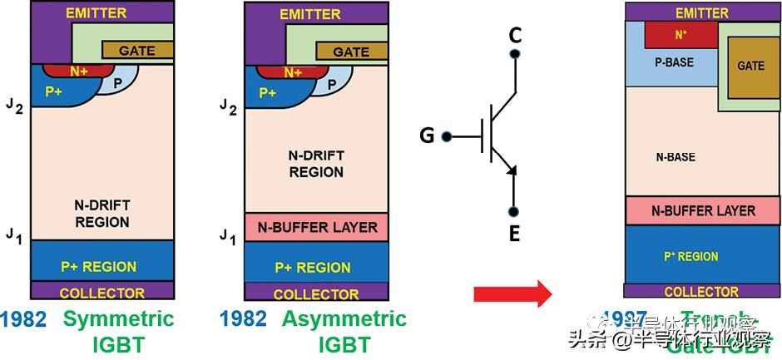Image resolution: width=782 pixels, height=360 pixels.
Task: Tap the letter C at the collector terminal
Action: click(x=515, y=35)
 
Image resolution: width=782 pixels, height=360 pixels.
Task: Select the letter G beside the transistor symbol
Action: click(x=427, y=135)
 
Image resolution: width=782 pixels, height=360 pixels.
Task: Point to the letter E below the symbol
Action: click(x=514, y=234)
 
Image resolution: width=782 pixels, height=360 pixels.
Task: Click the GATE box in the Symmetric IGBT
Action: click(x=137, y=50)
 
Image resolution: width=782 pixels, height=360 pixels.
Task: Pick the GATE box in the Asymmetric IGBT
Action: click(x=350, y=52)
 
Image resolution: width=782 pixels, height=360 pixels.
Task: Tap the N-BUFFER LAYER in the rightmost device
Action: click(x=703, y=210)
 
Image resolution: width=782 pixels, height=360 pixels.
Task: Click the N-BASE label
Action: click(x=675, y=157)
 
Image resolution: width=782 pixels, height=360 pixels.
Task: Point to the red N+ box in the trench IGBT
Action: click(x=681, y=35)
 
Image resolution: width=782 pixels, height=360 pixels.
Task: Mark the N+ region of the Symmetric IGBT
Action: click(x=80, y=72)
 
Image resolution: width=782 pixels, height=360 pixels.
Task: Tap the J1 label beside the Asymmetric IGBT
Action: click(x=227, y=239)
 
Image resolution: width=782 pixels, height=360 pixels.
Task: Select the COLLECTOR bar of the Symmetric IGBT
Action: click(x=102, y=292)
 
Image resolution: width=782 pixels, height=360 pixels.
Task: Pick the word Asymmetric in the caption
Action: click(x=344, y=319)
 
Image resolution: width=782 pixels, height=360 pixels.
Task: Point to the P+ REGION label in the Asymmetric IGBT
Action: click(x=317, y=268)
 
